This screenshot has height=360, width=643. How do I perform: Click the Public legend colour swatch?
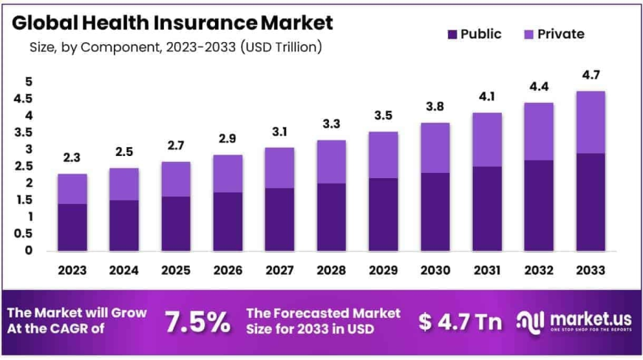[452, 34]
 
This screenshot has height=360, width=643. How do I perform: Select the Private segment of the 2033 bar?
[591, 122]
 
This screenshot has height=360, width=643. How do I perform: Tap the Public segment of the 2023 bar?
[72, 227]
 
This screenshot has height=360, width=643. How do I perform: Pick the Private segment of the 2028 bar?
[330, 161]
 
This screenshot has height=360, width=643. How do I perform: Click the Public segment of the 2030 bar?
[435, 211]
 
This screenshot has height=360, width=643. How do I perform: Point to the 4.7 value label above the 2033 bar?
[591, 75]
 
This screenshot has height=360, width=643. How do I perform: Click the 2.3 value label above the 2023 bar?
[72, 157]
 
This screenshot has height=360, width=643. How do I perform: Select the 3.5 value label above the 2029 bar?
[383, 115]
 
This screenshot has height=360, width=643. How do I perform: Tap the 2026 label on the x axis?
[228, 271]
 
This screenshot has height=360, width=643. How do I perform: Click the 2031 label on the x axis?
[486, 271]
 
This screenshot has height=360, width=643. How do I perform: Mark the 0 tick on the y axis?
[29, 251]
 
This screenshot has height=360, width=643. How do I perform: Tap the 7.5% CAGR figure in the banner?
[197, 322]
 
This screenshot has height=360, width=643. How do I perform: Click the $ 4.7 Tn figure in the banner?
[460, 322]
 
